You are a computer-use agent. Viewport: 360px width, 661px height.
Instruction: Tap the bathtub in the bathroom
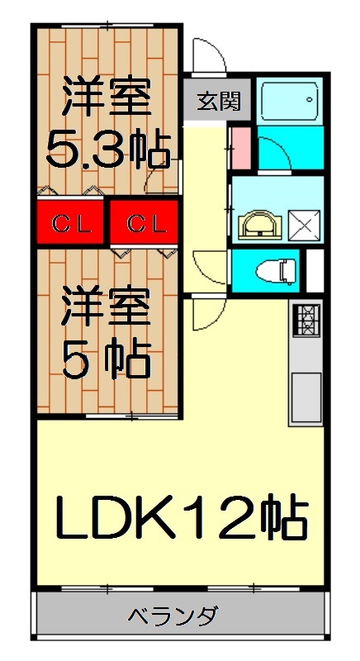pos(287,101)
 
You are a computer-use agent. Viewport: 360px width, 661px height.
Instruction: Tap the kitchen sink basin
pos(306,397)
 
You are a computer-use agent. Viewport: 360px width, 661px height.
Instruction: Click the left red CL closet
pos(69,223)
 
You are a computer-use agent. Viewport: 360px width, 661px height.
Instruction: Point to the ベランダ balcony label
pos(173,616)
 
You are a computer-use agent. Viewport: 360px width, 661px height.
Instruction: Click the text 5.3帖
pos(107,149)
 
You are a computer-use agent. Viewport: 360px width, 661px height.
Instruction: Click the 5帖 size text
pos(107,359)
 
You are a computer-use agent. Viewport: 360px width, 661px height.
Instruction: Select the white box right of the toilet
pos(315,269)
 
